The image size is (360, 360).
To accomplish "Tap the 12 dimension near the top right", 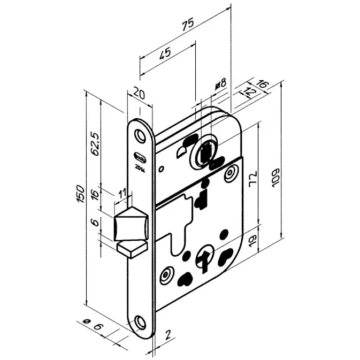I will [x=250, y=92].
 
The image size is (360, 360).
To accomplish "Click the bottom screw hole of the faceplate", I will [x=141, y=322].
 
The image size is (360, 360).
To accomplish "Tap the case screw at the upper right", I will [x=230, y=173].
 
